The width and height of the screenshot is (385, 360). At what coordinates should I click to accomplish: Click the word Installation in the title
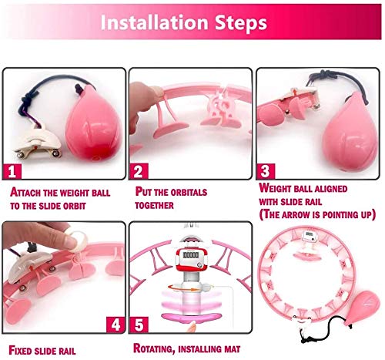click(x=154, y=22)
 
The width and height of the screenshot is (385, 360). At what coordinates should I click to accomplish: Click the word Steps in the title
click(x=241, y=23)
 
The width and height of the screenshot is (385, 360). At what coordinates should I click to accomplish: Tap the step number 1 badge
click(x=12, y=171)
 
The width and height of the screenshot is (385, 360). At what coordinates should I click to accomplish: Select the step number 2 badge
click(x=139, y=171)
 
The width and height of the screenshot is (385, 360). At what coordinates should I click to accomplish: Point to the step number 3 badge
click(x=266, y=171)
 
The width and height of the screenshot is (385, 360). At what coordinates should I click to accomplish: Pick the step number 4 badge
click(x=115, y=325)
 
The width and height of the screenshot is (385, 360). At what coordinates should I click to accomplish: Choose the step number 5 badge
click(x=139, y=325)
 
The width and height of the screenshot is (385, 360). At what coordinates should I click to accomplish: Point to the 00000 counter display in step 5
click(x=191, y=255)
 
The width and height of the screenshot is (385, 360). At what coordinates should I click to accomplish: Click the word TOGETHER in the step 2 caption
click(x=154, y=205)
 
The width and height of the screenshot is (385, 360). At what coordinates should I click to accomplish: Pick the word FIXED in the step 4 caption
click(x=20, y=351)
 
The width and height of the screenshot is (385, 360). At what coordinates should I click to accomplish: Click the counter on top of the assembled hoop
click(x=309, y=236)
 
